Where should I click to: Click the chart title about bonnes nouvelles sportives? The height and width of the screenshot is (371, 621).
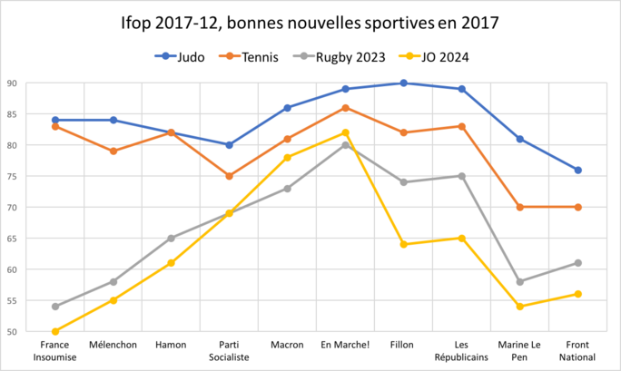point(310,21)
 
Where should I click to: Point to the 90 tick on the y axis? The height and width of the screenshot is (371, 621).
point(13,83)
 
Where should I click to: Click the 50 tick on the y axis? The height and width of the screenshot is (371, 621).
point(13,332)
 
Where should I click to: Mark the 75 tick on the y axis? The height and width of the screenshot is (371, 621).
point(13,177)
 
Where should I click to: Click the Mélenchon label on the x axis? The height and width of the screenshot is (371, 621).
point(113,345)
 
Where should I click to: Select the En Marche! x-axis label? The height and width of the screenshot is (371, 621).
point(345,345)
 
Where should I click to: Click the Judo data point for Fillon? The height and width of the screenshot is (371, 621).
point(403,83)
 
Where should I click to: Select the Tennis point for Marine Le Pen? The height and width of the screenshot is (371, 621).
point(519,208)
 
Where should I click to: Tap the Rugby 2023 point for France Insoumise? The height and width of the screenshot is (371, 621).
point(55,307)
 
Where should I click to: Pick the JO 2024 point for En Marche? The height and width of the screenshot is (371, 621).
point(345,132)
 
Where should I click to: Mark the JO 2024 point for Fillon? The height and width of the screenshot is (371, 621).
point(403,245)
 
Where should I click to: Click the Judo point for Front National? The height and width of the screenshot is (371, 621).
point(577,171)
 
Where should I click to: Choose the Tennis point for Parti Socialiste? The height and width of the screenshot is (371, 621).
point(230,176)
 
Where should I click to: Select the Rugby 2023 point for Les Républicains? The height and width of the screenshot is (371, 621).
point(461,176)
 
